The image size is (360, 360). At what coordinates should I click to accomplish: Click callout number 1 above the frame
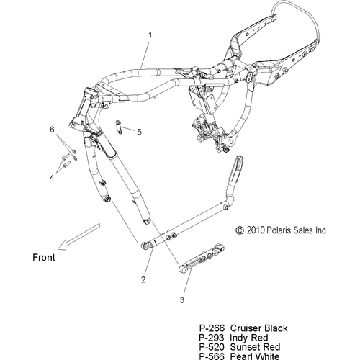click(x=150, y=35)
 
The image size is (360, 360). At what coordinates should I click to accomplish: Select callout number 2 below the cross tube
click(x=143, y=279)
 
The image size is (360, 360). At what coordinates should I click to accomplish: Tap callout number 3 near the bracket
click(x=182, y=300)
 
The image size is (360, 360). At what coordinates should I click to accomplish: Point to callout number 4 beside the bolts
click(x=52, y=178)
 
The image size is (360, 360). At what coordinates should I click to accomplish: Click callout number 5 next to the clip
click(x=139, y=132)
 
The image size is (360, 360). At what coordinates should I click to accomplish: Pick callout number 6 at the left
click(x=52, y=130)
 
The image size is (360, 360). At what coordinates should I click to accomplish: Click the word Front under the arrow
click(x=44, y=258)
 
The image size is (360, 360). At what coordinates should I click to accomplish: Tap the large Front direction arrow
click(x=78, y=237)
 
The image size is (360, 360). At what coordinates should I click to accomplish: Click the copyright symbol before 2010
click(x=240, y=230)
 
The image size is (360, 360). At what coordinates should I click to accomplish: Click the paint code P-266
click(x=212, y=328)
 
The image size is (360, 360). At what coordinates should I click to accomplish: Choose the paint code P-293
click(x=212, y=338)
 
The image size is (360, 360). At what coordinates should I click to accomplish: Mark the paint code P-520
click(x=212, y=347)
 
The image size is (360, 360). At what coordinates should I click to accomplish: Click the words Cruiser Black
click(x=258, y=328)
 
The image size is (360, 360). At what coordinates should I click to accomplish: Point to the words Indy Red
click(x=249, y=338)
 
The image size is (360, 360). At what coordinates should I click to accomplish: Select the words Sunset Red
click(x=255, y=347)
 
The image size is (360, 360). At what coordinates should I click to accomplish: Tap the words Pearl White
click(x=255, y=356)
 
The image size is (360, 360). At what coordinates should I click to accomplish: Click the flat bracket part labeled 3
click(x=202, y=258)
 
